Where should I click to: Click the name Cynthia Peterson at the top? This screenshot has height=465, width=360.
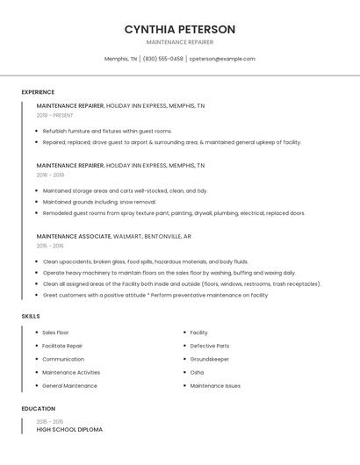pyautogui.click(x=179, y=29)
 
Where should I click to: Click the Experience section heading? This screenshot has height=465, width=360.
pyautogui.click(x=38, y=92)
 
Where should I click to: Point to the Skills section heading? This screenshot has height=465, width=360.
pyautogui.click(x=31, y=316)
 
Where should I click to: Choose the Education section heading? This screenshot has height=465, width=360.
pyautogui.click(x=38, y=409)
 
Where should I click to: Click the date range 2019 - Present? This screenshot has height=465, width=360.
pyautogui.click(x=55, y=115)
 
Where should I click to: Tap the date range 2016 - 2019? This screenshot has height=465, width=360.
pyautogui.click(x=50, y=175)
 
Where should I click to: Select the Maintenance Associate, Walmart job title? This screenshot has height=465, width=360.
pyautogui.click(x=114, y=236)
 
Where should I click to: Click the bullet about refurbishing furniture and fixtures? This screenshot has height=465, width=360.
pyautogui.click(x=107, y=131)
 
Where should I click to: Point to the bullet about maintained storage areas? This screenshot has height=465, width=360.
pyautogui.click(x=125, y=190)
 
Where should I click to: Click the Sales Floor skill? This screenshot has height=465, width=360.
pyautogui.click(x=55, y=333)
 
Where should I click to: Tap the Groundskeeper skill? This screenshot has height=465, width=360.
pyautogui.click(x=209, y=359)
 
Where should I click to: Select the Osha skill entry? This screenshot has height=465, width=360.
pyautogui.click(x=197, y=372)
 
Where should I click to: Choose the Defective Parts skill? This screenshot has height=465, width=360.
pyautogui.click(x=209, y=346)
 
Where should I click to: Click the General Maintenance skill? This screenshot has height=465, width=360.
pyautogui.click(x=69, y=385)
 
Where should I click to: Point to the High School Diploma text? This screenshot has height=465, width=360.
pyautogui.click(x=69, y=430)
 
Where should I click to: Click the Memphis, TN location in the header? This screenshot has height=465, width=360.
pyautogui.click(x=120, y=59)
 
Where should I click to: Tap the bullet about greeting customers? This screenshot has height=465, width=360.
pyautogui.click(x=155, y=296)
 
